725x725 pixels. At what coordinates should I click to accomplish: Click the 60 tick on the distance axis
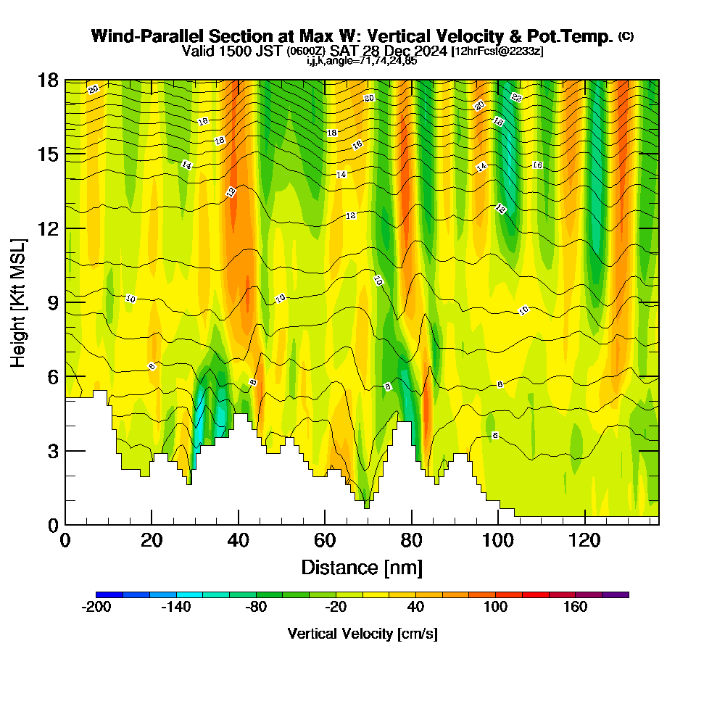point(325,541)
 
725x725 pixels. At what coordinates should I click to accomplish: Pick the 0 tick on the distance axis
point(65,541)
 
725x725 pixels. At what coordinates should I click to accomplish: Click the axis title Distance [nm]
point(362,567)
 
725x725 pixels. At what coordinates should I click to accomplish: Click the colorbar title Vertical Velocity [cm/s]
point(362,634)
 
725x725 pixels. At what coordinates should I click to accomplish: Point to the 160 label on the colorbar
point(576,608)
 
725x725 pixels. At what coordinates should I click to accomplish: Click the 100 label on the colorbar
point(496,608)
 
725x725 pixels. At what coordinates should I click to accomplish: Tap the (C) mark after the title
point(626,36)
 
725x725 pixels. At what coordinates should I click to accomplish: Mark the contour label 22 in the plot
point(516,97)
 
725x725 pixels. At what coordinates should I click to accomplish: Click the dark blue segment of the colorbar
point(109,594)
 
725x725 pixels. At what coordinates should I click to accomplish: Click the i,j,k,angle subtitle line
point(361,61)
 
